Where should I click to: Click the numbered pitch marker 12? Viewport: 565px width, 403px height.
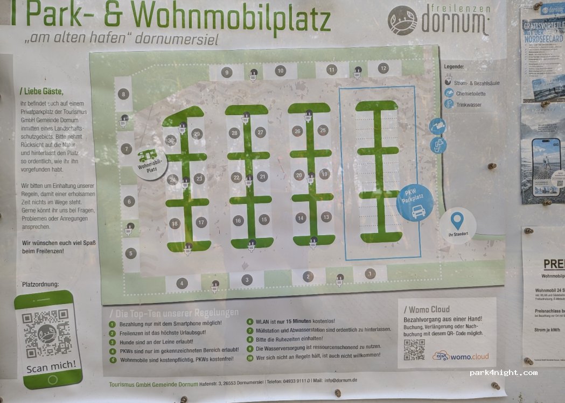pyautogui.click(x=383, y=68)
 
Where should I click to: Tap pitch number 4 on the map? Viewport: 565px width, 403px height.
pyautogui.click(x=182, y=283)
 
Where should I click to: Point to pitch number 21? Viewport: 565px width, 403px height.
pyautogui.click(x=262, y=176)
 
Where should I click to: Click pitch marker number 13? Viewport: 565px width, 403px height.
pyautogui.click(x=326, y=216)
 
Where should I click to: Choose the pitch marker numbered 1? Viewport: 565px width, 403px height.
pyautogui.click(x=369, y=274)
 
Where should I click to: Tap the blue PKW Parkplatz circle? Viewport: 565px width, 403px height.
pyautogui.click(x=415, y=202)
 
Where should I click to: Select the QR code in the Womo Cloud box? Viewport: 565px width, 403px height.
pyautogui.click(x=414, y=350)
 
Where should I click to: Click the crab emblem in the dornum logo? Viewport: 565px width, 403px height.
pyautogui.click(x=402, y=21)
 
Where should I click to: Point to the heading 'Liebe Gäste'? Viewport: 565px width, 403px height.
pyautogui.click(x=41, y=90)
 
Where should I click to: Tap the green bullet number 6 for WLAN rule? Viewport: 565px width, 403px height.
pyautogui.click(x=250, y=322)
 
